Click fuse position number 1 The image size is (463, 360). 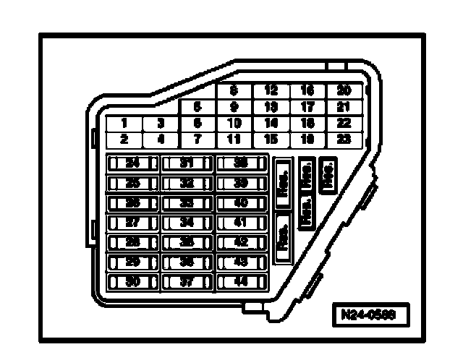124,124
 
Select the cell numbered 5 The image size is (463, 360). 197,107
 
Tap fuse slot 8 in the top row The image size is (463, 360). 234,91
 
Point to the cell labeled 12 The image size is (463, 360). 271,91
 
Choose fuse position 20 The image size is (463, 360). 344,91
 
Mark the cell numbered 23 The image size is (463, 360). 344,138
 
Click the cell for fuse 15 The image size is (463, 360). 271,138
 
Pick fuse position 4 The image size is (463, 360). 161,138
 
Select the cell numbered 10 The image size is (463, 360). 234,123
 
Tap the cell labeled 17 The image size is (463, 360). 307,107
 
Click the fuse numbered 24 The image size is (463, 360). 132,164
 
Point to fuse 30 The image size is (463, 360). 132,281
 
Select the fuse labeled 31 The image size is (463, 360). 187,164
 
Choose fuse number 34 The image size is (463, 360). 187,223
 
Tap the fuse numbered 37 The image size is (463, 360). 187,281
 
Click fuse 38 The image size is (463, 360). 242,164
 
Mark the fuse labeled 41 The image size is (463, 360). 242,223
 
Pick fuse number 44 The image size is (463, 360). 242,281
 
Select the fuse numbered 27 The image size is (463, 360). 132,223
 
